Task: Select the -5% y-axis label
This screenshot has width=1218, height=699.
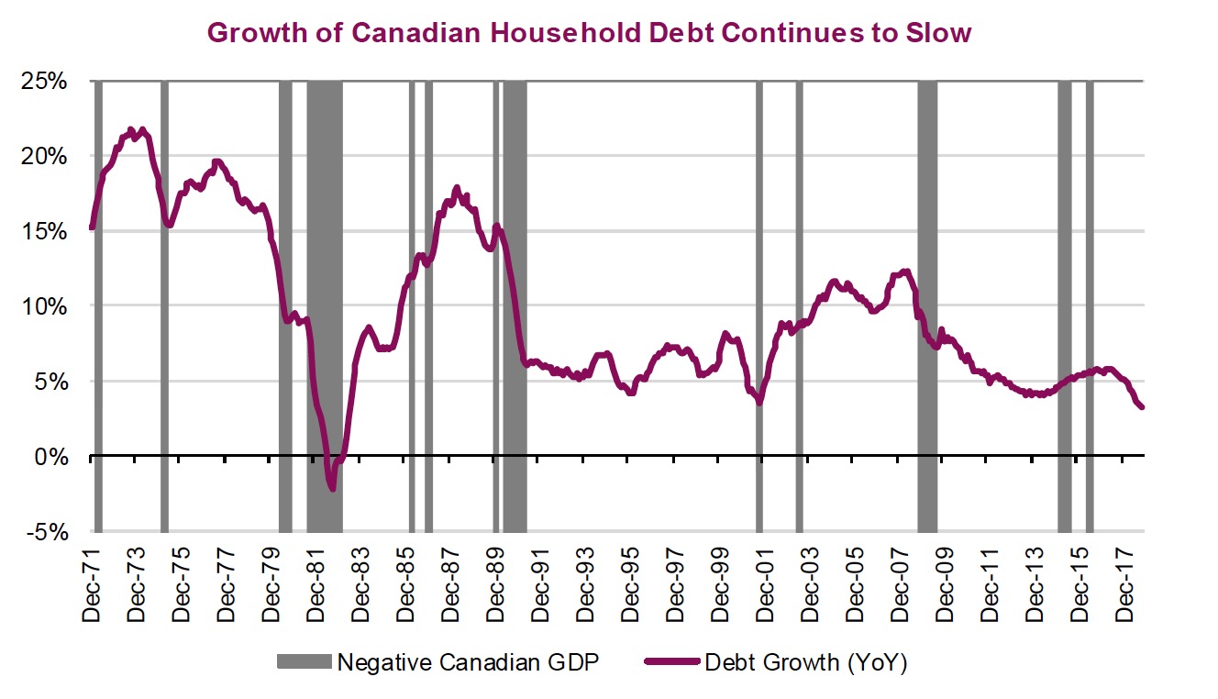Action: (48, 531)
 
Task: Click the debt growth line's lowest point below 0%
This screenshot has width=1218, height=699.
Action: (332, 489)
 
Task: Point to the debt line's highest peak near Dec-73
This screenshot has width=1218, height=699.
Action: (131, 130)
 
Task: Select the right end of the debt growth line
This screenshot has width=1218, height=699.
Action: (1142, 407)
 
